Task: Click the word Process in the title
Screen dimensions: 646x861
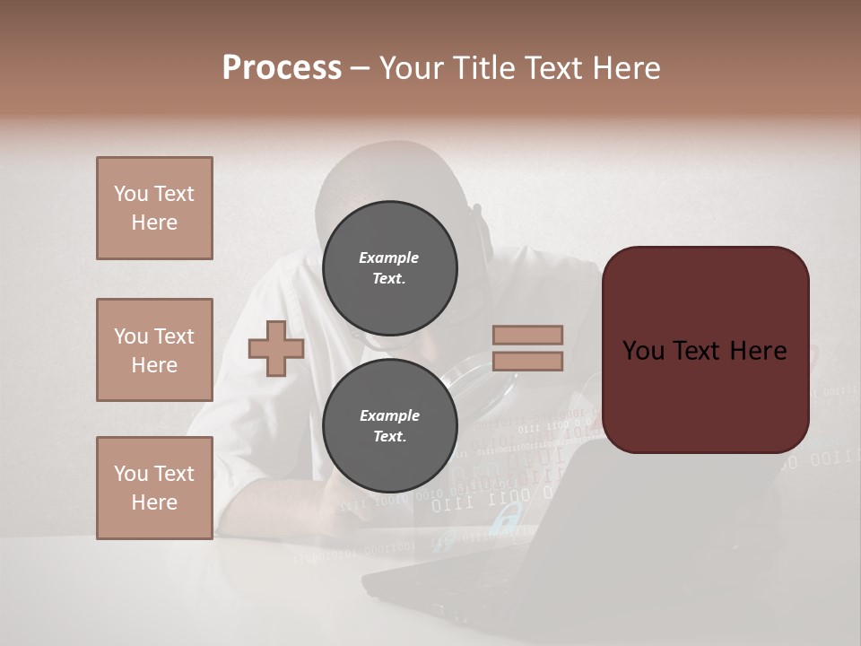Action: pyautogui.click(x=282, y=68)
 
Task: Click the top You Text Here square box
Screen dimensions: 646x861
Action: pyautogui.click(x=154, y=208)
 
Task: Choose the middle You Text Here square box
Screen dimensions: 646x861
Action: pyautogui.click(x=154, y=350)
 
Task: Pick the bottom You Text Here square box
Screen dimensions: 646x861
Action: pyautogui.click(x=154, y=487)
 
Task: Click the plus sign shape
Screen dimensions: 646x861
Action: pyautogui.click(x=276, y=348)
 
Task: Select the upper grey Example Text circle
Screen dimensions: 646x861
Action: pyautogui.click(x=389, y=267)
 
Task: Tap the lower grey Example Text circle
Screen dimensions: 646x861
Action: pyautogui.click(x=389, y=425)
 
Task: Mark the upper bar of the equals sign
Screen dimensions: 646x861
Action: pyautogui.click(x=527, y=335)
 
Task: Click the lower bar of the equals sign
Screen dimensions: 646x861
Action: pyautogui.click(x=527, y=361)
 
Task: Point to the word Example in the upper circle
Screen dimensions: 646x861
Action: pyautogui.click(x=389, y=258)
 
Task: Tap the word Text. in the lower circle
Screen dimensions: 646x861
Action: pyautogui.click(x=389, y=436)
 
